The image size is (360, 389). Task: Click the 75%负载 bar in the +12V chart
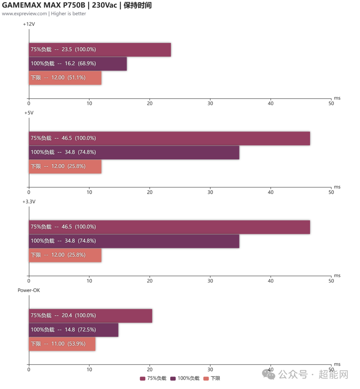100,50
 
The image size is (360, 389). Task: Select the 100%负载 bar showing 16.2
78,64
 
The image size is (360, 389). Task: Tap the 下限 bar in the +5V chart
65,166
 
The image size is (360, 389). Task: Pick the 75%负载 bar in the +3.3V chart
169,227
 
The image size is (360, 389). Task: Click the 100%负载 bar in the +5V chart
134,152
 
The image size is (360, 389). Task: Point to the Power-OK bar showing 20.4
90,316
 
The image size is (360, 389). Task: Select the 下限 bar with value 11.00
62,344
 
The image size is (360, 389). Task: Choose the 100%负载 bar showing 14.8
73,330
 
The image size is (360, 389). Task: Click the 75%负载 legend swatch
143,378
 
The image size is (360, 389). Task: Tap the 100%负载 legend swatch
173,378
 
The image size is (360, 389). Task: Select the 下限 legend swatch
206,378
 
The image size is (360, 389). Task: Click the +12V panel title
29,24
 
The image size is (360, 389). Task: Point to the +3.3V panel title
29,202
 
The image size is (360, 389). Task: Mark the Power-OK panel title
29,290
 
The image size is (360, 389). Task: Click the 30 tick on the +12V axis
210,103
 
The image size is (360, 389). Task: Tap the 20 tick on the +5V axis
150,192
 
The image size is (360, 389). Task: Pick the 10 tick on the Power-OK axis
89,369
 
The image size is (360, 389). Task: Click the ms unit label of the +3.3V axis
337,276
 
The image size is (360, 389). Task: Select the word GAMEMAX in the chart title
22,6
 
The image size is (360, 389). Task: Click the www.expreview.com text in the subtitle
24,14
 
